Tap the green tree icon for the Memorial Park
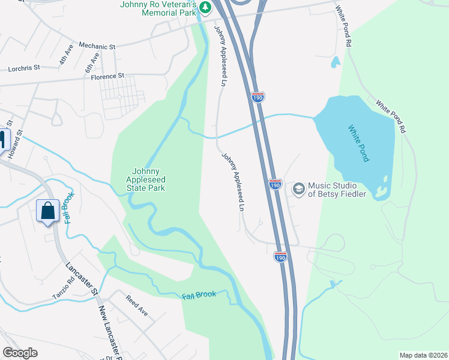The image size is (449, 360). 206,8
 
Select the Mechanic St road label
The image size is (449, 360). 97,46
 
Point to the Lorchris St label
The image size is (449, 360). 23,69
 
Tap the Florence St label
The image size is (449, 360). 107,76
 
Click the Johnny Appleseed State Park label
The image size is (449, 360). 145,179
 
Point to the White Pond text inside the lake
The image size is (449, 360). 359,143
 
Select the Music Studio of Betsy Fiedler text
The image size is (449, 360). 336,190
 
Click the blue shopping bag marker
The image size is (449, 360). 48,211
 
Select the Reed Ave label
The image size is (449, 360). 136,305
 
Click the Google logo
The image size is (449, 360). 20,353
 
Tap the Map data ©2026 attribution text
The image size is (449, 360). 423,355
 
